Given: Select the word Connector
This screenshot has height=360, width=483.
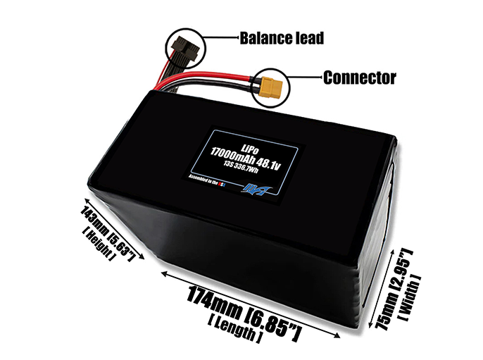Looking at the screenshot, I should click(x=359, y=77).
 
